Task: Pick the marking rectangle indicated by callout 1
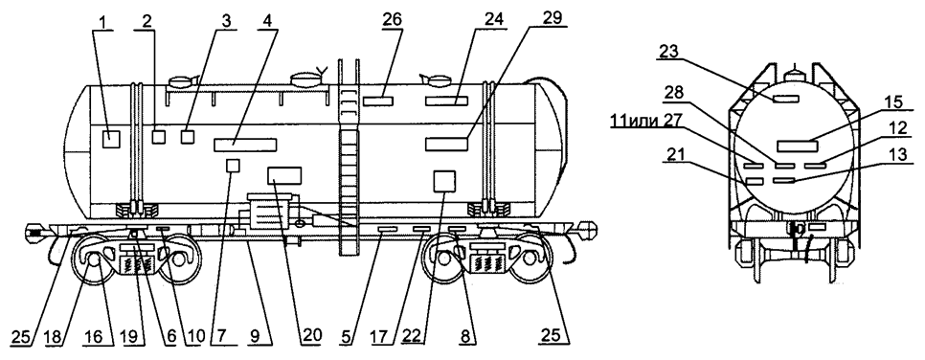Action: [x=111, y=139]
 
